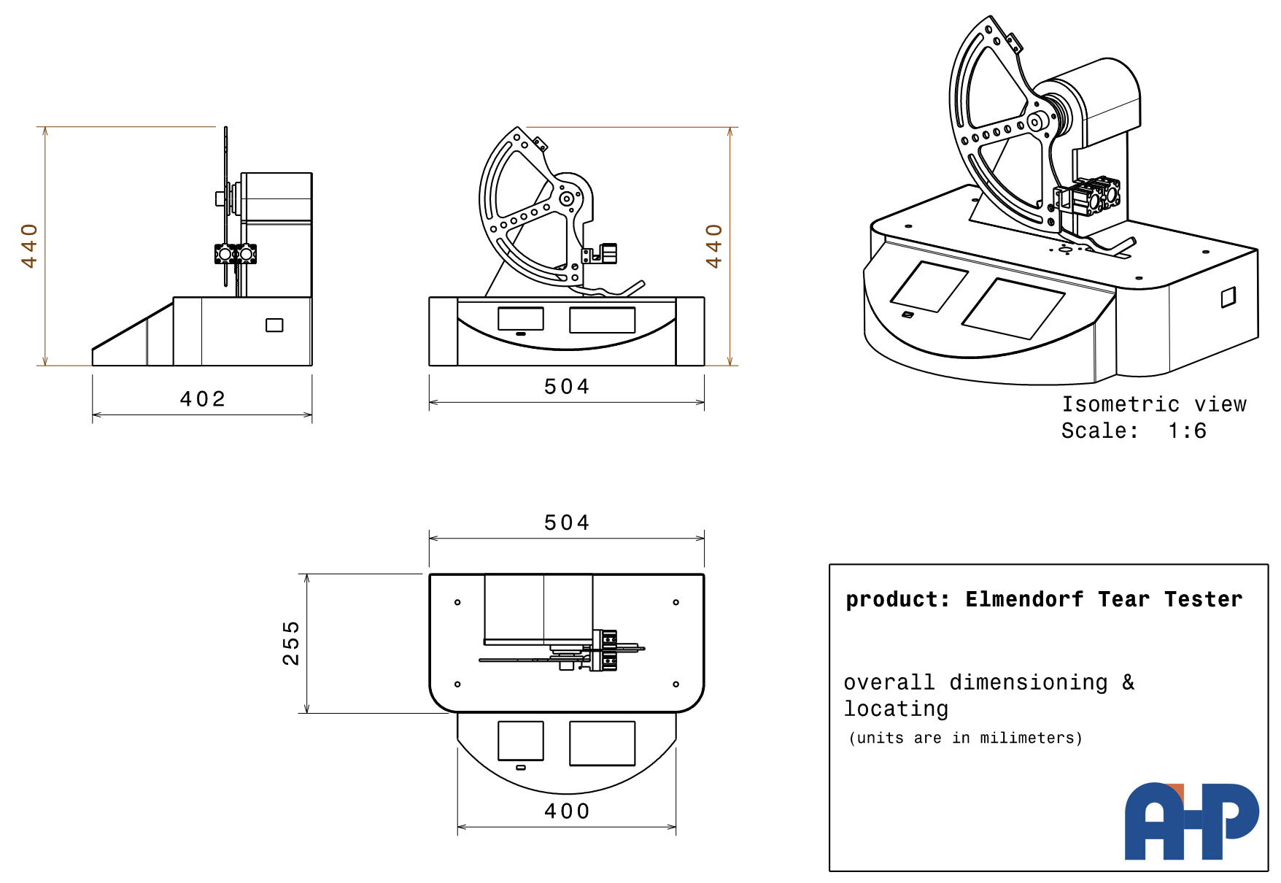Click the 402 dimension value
tap(203, 398)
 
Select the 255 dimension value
tap(291, 643)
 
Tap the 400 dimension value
tap(567, 811)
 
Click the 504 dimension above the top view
tap(567, 523)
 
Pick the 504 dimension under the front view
tap(567, 386)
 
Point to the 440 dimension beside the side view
tap(29, 246)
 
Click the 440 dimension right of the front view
tap(713, 246)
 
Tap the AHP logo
tap(1191, 822)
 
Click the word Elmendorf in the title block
tap(1024, 599)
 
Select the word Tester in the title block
tap(1203, 599)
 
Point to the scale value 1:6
tap(1187, 431)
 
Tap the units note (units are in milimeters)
tap(966, 738)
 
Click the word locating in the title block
tap(897, 709)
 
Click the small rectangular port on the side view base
tap(274, 325)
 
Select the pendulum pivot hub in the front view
tap(566, 198)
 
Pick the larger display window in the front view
tap(602, 320)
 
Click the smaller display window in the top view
tap(520, 741)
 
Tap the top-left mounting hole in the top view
tap(457, 602)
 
